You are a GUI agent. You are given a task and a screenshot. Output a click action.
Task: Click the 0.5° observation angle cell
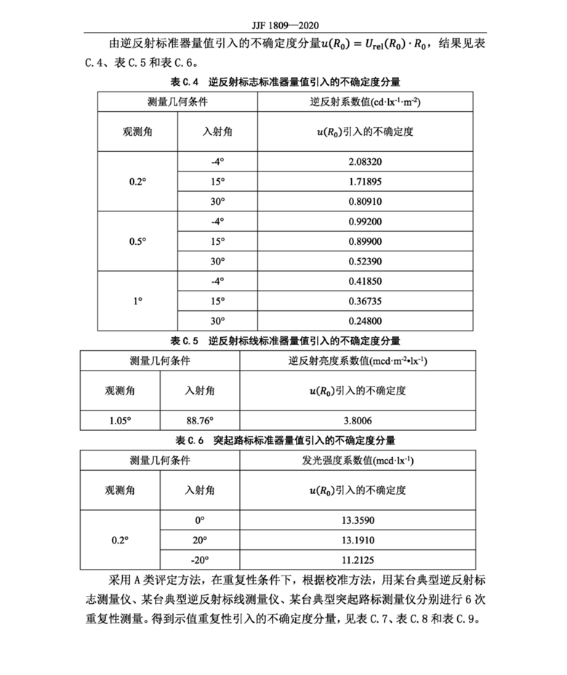pos(137,241)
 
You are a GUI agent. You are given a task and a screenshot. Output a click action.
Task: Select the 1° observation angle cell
pos(137,301)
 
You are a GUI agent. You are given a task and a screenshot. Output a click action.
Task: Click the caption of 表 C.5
pos(285,340)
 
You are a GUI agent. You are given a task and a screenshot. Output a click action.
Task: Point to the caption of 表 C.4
pos(285,81)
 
